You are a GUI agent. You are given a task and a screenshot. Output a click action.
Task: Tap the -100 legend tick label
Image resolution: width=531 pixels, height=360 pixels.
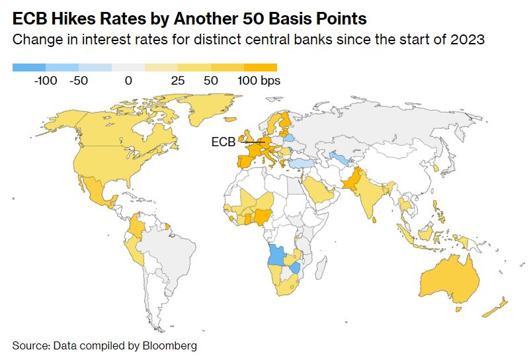click(x=46, y=81)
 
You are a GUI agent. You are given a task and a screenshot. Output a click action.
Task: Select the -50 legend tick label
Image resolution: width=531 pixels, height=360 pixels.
click(x=79, y=81)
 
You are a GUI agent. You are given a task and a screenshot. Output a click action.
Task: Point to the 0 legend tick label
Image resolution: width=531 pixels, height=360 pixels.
click(x=128, y=81)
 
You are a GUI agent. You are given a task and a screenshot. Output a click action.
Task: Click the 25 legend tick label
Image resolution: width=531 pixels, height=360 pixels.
click(x=177, y=81)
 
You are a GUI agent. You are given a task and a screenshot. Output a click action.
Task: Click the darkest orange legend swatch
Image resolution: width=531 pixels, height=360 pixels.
click(x=260, y=67)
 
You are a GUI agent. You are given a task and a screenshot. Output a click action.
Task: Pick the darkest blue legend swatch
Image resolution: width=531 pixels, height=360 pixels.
click(x=29, y=67)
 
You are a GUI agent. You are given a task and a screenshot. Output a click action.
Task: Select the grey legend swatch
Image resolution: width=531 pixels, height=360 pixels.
click(x=128, y=67)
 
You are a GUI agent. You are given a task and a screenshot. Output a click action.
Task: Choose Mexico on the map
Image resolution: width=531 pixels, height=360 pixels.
click(x=99, y=192)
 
